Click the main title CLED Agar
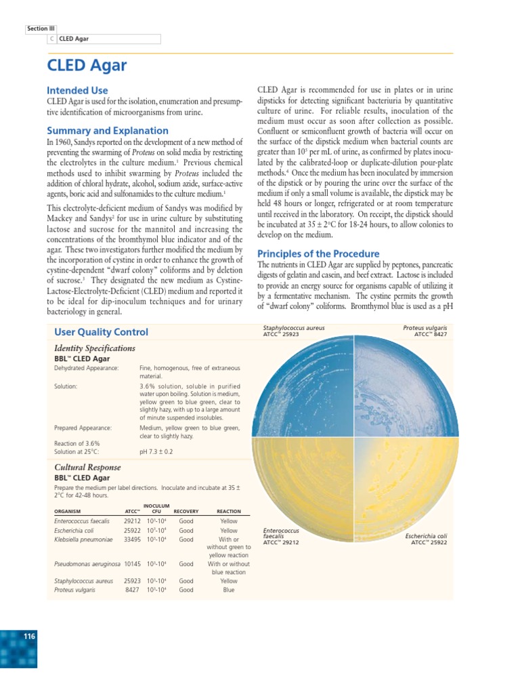(86, 65)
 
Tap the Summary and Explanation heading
(107, 130)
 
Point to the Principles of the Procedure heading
(318, 253)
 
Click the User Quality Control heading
(101, 331)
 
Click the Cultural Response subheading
(87, 467)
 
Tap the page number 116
(29, 636)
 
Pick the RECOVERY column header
(186, 511)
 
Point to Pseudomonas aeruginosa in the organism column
(87, 564)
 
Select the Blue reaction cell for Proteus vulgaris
(229, 590)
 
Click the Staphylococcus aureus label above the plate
(294, 328)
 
